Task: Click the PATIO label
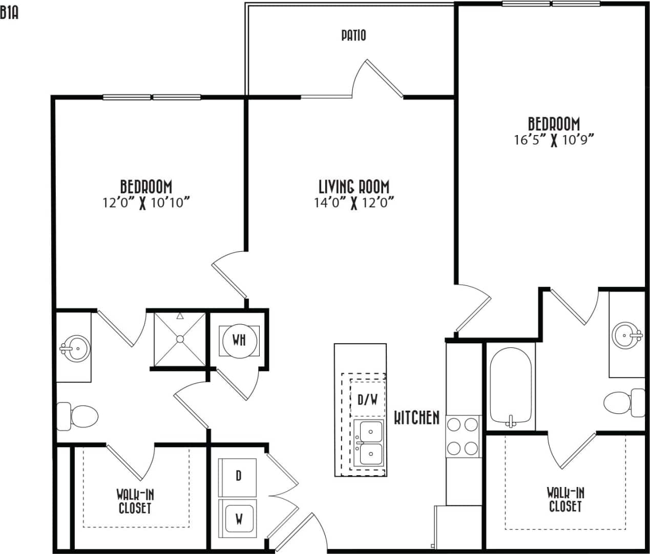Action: (353, 35)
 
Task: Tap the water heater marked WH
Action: (239, 340)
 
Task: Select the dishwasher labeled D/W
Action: (367, 399)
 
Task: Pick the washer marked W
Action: (239, 519)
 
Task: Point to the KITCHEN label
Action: (416, 418)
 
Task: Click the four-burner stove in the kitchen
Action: (463, 436)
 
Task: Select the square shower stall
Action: (180, 339)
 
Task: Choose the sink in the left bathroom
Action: (75, 349)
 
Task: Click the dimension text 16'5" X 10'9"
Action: (554, 140)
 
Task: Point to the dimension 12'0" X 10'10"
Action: (146, 203)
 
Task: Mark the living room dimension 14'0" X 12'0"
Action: (353, 203)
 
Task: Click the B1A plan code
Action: (9, 13)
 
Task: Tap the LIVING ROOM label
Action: (353, 186)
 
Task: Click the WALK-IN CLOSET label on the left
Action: (135, 501)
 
